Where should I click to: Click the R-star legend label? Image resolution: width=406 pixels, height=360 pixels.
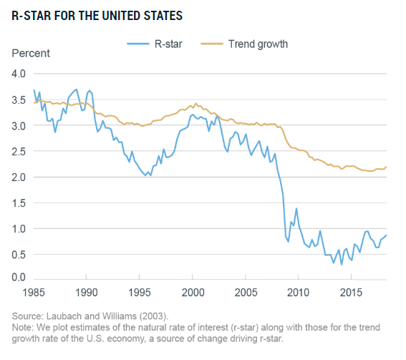(x=170, y=44)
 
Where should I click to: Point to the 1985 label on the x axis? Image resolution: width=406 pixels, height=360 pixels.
(x=33, y=293)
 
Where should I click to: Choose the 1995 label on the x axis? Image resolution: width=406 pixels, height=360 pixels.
(x=140, y=293)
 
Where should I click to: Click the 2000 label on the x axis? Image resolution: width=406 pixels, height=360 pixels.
(x=193, y=293)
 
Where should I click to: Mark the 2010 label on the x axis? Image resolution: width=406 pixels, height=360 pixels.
(x=297, y=293)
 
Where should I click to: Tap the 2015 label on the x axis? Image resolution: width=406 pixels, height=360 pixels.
(x=351, y=293)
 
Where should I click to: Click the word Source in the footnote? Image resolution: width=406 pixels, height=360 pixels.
(x=28, y=316)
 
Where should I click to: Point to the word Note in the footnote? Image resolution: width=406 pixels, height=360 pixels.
(x=23, y=327)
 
